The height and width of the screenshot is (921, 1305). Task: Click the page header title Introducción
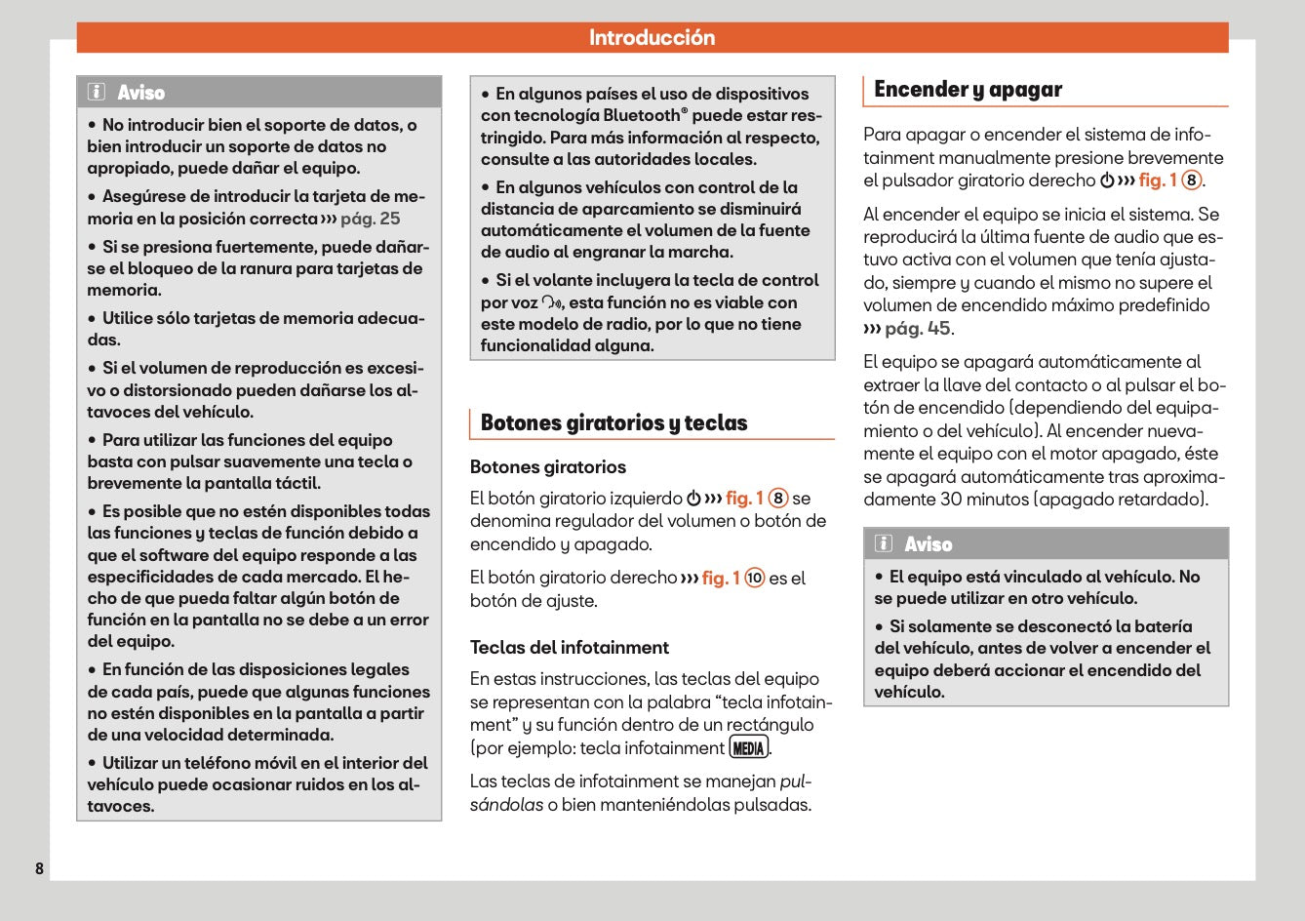[x=652, y=38]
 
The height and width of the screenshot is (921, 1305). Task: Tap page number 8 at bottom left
[x=39, y=868]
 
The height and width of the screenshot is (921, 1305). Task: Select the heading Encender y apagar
[x=968, y=90]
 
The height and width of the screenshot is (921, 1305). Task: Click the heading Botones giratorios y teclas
[x=613, y=423]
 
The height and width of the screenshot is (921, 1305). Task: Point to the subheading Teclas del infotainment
[x=569, y=648]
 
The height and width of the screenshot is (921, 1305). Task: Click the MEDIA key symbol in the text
[x=749, y=748]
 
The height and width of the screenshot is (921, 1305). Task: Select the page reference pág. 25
[x=370, y=219]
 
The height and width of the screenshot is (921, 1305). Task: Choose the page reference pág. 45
[x=917, y=329]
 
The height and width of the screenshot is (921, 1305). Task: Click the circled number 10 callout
[x=755, y=578]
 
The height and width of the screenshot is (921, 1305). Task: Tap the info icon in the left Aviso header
[x=97, y=93]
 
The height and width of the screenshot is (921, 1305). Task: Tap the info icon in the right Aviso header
[x=884, y=544]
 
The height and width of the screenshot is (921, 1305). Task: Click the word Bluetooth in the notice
[x=634, y=116]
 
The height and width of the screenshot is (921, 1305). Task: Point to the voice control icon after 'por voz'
[x=552, y=303]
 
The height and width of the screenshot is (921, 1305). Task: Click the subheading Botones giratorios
[x=548, y=467]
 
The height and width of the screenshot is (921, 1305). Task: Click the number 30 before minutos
[x=951, y=500]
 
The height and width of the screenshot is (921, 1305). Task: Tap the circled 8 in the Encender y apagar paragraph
[x=1191, y=180]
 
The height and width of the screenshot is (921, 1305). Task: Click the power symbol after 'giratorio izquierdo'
[x=692, y=499]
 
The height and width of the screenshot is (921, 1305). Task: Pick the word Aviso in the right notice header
[x=928, y=544]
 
